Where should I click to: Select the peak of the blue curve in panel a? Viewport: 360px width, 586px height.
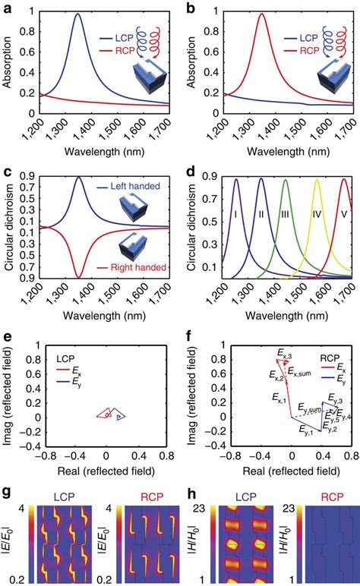pos(77,14)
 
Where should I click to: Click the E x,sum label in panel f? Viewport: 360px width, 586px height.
pos(304,373)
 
